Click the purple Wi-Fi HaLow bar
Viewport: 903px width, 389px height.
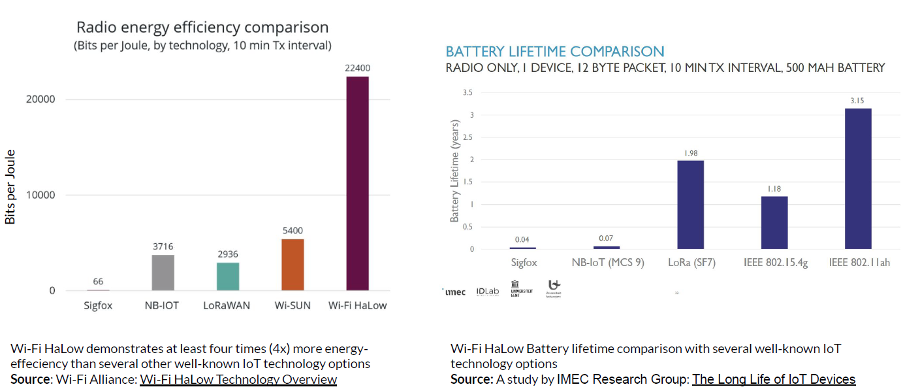(x=357, y=183)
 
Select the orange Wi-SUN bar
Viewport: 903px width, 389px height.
(x=293, y=264)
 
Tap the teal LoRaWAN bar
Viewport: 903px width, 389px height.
(x=228, y=277)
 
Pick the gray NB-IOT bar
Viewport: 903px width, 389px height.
(x=163, y=273)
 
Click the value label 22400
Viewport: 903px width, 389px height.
(x=357, y=68)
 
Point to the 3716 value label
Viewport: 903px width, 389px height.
(x=163, y=246)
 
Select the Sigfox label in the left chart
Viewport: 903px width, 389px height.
(x=98, y=305)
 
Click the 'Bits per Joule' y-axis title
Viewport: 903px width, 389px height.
(x=10, y=187)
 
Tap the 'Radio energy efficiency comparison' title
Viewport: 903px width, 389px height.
(x=202, y=27)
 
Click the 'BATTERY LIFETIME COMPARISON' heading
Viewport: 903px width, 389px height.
(x=555, y=52)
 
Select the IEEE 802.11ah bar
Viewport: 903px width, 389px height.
(x=858, y=178)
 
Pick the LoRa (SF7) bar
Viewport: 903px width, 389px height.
(x=690, y=205)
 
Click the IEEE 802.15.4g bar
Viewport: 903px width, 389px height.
(x=774, y=222)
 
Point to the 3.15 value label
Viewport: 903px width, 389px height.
(x=858, y=100)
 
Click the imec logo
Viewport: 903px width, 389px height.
(x=455, y=292)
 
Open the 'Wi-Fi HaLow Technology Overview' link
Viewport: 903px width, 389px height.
(x=238, y=380)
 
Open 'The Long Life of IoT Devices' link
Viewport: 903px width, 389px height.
(x=774, y=380)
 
